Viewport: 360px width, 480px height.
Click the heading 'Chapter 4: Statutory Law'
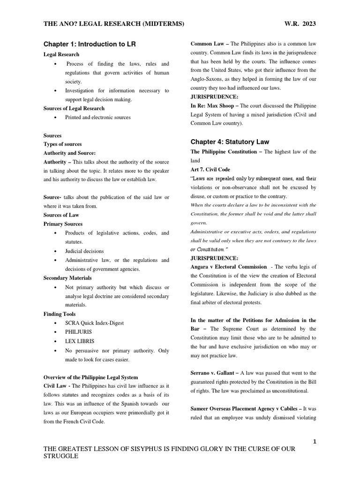230,142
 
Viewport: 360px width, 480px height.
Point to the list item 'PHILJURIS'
79,332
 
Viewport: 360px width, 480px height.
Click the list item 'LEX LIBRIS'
80,341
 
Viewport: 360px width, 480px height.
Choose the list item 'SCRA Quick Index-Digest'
95,323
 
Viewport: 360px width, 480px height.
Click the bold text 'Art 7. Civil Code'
210,169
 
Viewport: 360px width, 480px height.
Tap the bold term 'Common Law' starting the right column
208,44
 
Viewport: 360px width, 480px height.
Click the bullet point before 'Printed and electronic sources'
56,117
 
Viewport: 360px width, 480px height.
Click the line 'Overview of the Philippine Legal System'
90,377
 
